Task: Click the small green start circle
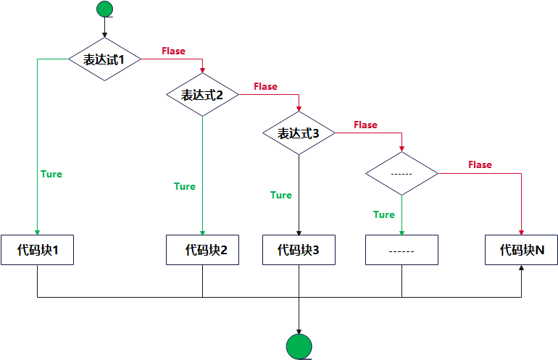click(x=105, y=9)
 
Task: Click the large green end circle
click(x=299, y=347)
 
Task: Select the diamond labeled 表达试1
click(x=105, y=59)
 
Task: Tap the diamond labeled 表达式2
click(x=202, y=95)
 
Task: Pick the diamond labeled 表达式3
click(x=299, y=133)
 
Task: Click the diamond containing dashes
click(x=401, y=174)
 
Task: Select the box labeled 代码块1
click(x=37, y=250)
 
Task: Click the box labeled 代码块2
click(x=202, y=250)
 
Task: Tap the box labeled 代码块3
click(x=299, y=250)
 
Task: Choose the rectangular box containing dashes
click(x=401, y=250)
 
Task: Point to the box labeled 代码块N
click(x=522, y=250)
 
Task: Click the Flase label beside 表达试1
click(x=172, y=51)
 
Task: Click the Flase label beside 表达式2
click(x=265, y=87)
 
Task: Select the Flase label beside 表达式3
click(x=365, y=125)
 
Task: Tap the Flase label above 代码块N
click(x=480, y=165)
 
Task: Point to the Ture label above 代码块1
click(x=51, y=175)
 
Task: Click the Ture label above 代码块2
click(x=185, y=187)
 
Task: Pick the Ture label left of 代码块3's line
click(x=281, y=196)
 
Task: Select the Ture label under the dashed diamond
click(x=383, y=215)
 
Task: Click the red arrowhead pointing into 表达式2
click(x=202, y=71)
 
